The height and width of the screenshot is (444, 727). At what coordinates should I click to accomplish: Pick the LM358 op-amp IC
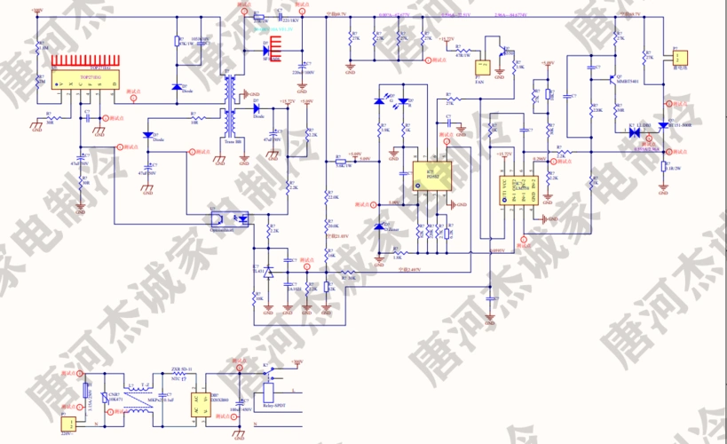pyautogui.click(x=514, y=191)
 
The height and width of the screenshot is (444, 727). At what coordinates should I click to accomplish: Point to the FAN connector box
pyautogui.click(x=483, y=67)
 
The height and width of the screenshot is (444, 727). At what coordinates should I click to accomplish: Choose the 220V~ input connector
pyautogui.click(x=67, y=424)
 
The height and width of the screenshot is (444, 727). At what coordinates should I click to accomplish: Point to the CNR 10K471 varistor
pyautogui.click(x=106, y=399)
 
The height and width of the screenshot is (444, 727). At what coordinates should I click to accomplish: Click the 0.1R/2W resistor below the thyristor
pyautogui.click(x=662, y=168)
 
